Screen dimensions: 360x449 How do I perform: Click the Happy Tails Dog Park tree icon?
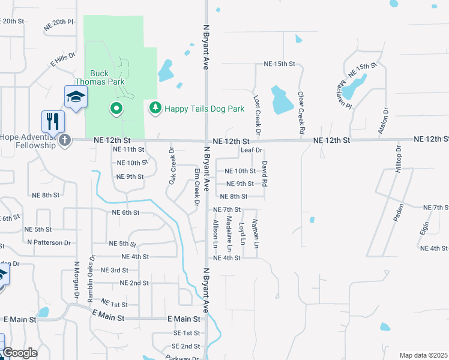coord(155,108)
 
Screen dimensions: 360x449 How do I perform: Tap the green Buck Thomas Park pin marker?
coord(116,109)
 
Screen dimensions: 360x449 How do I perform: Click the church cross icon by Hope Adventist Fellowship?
coord(65,140)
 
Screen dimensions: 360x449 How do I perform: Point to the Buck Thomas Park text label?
coord(99,77)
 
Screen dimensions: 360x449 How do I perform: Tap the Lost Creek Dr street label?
coord(256,114)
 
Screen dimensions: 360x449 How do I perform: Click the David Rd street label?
coord(264,172)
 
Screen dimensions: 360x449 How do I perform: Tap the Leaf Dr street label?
coord(252,150)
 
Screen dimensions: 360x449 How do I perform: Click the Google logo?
coord(19,353)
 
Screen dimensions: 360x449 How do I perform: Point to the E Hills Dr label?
coord(62,59)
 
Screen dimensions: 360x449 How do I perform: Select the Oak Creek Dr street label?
coord(172,166)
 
